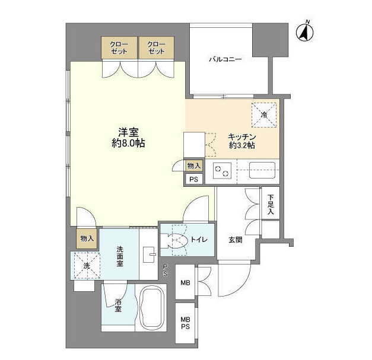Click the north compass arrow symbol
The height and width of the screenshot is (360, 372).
[x=305, y=32]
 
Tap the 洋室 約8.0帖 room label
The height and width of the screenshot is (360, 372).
[x=128, y=138]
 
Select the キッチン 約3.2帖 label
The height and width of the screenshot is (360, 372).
[x=242, y=141]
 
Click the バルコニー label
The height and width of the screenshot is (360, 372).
[x=225, y=59]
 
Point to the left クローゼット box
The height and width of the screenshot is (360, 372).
[x=119, y=47]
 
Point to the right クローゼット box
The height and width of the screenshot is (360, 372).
[x=157, y=47]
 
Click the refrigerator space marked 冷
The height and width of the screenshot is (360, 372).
[x=264, y=115]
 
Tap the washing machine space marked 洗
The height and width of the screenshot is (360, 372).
[x=87, y=266]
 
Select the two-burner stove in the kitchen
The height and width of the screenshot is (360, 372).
[x=222, y=171]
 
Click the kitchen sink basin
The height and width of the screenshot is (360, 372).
[x=262, y=170]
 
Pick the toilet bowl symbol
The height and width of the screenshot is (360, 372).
[x=174, y=240]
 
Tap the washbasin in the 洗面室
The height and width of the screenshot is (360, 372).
[x=149, y=254]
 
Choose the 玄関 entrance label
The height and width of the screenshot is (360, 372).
[x=236, y=240]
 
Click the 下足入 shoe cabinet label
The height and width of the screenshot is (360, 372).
[x=271, y=205]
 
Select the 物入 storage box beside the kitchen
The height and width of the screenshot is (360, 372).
[x=194, y=166]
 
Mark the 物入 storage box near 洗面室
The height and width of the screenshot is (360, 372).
[x=87, y=238]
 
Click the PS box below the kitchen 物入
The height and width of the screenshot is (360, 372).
[x=194, y=179]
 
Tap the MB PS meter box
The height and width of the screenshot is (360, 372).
[x=185, y=323]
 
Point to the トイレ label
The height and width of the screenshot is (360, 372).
[x=199, y=240]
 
